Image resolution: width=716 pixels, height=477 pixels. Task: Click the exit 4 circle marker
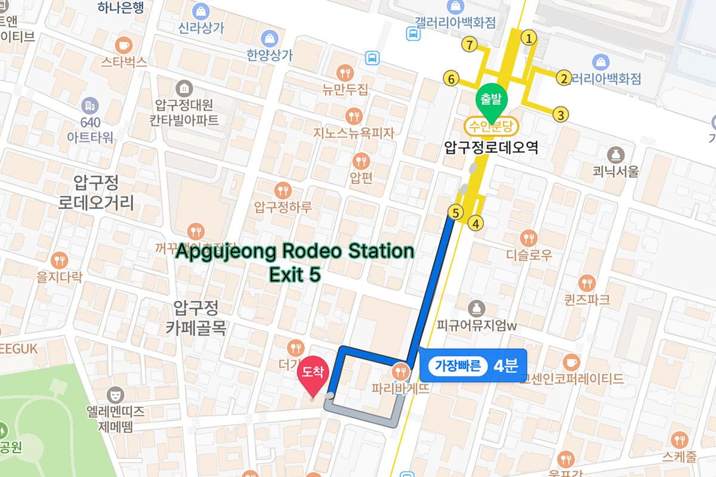tap(476, 224)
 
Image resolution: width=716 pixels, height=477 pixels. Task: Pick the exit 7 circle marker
tap(471, 44)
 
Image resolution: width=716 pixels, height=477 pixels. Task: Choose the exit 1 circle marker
tap(527, 38)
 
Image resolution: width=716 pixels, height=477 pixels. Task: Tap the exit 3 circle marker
tap(560, 114)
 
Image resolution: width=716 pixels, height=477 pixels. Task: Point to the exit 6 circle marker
tap(451, 78)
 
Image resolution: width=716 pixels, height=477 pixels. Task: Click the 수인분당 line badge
tap(492, 126)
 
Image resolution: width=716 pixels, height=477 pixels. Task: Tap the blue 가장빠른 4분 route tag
tap(473, 366)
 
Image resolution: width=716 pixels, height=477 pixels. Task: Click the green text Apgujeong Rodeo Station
tap(295, 251)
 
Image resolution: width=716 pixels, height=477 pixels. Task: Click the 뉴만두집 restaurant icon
tap(345, 73)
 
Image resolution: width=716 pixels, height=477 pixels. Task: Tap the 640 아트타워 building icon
tap(91, 106)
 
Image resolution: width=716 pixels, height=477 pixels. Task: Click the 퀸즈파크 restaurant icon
tap(587, 282)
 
